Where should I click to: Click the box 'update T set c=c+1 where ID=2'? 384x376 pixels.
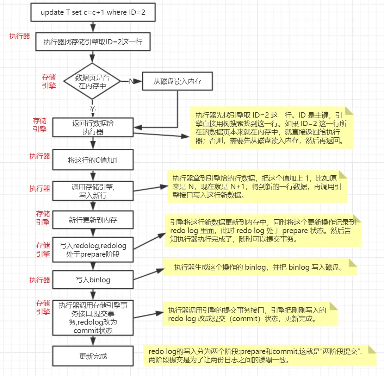pos(93,13)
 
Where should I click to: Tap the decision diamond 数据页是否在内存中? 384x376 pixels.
pos(92,81)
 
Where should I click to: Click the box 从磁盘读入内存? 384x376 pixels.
pos(177,81)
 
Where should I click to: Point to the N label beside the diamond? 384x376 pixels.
pos(131,81)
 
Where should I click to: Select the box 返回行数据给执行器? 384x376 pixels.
pos(93,127)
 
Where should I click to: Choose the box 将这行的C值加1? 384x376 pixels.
pos(93,160)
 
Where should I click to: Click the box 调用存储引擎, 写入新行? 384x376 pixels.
pos(93,191)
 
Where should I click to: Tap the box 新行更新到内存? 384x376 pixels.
pos(93,220)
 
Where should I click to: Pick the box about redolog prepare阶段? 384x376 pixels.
pos(93,250)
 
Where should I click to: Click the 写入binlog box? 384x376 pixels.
pos(93,280)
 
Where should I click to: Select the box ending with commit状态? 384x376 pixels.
pos(93,318)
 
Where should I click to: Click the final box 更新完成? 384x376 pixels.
pos(93,356)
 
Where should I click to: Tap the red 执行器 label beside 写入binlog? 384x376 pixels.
pos(40,280)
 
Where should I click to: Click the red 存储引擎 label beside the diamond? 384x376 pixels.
pos(49,81)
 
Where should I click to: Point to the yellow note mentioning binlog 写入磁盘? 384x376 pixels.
pos(260,267)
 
